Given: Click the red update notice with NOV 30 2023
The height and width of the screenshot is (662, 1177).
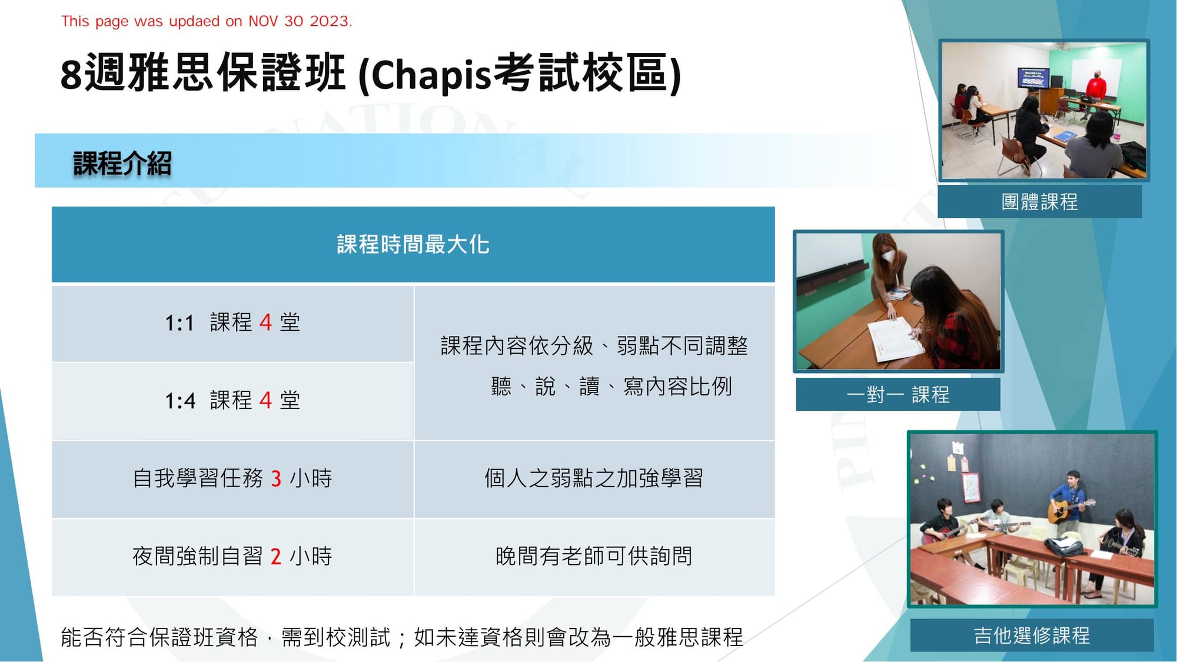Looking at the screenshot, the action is point(207,21).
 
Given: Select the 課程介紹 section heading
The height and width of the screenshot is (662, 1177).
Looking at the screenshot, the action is point(122,163).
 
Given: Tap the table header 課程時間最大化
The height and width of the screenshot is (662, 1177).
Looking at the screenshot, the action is point(413,244).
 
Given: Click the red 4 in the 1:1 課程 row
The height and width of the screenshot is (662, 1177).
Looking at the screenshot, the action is point(265,322).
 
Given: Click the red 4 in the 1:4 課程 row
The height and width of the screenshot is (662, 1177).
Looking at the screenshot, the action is point(265,401).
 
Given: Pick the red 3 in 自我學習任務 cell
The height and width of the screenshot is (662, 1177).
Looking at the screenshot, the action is point(276,478).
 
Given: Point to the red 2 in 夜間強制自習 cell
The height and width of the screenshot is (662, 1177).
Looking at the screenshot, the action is point(276,556).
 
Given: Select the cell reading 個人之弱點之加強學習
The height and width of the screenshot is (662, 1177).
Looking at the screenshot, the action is point(594,478).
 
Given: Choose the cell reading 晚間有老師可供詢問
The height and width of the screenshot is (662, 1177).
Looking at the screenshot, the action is point(594,556).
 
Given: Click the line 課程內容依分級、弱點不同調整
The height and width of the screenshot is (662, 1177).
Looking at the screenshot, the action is point(594,346).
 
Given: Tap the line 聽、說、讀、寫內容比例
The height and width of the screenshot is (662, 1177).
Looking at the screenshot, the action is point(611,387).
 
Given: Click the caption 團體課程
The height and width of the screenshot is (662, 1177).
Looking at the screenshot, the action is point(1040,202).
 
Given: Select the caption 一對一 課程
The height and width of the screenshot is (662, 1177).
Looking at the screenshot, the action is point(898,394).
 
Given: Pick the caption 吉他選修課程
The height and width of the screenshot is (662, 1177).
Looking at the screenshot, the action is point(1032,636).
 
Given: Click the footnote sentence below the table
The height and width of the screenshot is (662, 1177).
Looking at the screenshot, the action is point(402,637).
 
